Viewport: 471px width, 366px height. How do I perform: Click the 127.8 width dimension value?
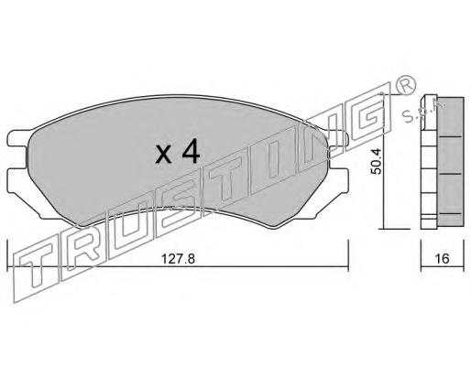(x=178, y=259)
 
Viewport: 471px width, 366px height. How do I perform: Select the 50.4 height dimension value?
(x=376, y=161)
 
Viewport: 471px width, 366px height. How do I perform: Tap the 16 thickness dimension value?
(x=443, y=259)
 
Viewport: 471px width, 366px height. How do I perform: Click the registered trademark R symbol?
(x=406, y=85)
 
